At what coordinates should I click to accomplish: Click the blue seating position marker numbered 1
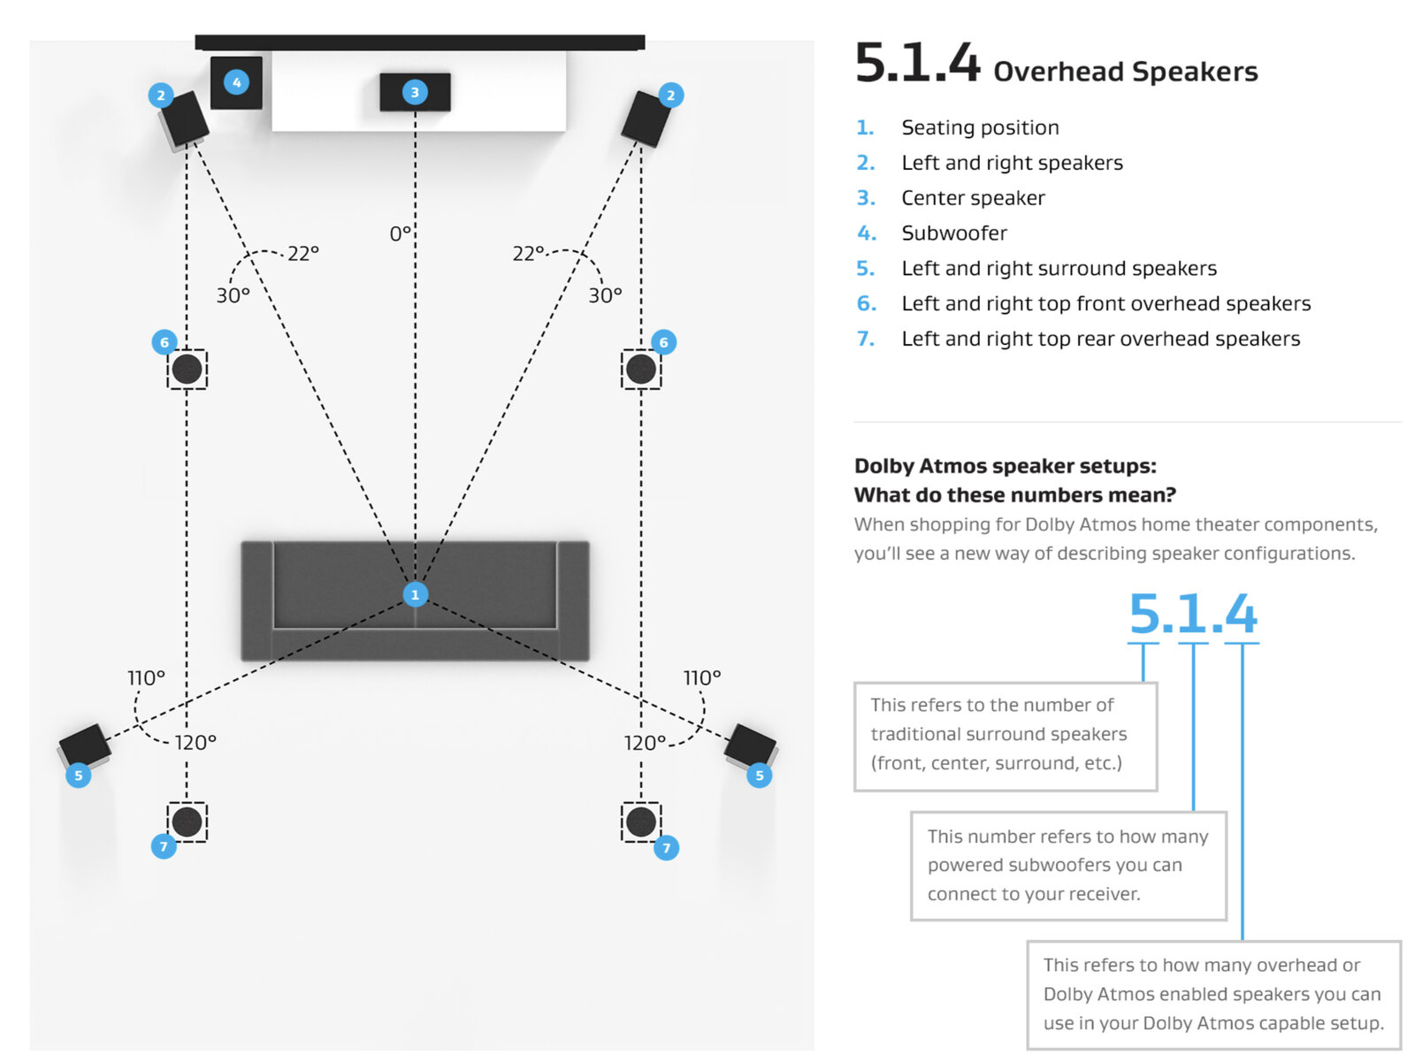click(x=415, y=594)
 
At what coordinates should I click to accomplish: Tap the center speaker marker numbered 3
click(x=415, y=92)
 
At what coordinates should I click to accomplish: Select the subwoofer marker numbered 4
click(x=236, y=82)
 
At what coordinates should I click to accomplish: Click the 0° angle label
click(x=401, y=233)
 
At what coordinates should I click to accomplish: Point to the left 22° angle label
click(x=302, y=253)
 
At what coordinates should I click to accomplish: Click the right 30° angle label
click(x=605, y=295)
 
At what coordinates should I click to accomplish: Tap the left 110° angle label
click(x=146, y=677)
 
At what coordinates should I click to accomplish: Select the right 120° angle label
click(x=645, y=743)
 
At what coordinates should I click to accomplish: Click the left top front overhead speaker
click(x=187, y=370)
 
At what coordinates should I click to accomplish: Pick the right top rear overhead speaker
click(x=641, y=822)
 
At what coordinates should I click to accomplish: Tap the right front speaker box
click(x=646, y=119)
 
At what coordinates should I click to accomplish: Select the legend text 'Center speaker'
click(x=973, y=198)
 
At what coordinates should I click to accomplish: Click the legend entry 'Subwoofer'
click(x=954, y=233)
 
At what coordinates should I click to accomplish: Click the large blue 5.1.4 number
click(x=1192, y=614)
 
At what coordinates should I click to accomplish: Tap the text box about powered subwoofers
click(x=1067, y=865)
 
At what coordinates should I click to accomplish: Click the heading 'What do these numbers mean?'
click(x=1014, y=495)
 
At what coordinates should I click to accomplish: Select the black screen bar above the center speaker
click(x=419, y=42)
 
